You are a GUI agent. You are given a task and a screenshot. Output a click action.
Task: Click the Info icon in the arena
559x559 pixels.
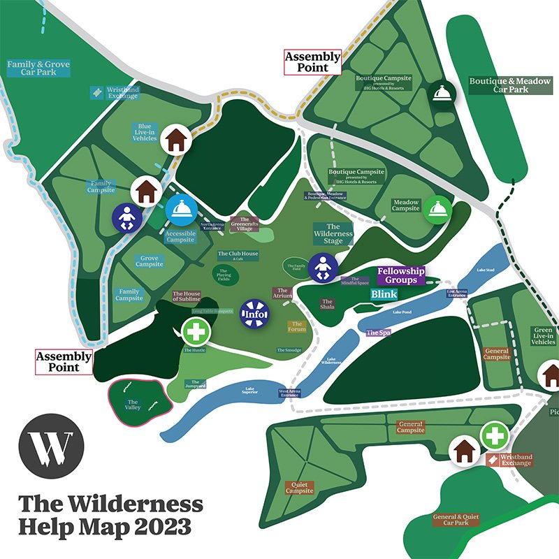pos(254,313)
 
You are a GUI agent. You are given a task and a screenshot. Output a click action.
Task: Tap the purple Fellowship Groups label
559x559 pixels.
pos(401,275)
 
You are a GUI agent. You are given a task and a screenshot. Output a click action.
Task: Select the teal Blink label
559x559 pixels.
pos(384,294)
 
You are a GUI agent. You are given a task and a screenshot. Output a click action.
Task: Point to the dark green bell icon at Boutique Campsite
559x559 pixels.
pos(442,92)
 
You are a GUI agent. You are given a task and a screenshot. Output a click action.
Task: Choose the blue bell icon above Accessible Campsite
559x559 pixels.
pos(180,208)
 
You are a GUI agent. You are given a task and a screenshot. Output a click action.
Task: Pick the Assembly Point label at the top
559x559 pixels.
pos(312,62)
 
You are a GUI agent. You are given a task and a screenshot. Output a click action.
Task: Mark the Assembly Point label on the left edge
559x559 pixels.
pos(64,361)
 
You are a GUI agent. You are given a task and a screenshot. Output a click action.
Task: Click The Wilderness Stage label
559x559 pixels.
pos(333,234)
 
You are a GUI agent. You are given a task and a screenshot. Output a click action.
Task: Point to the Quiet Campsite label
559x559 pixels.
pos(300,487)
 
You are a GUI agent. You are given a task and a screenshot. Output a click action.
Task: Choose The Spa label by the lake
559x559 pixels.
pos(378,333)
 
